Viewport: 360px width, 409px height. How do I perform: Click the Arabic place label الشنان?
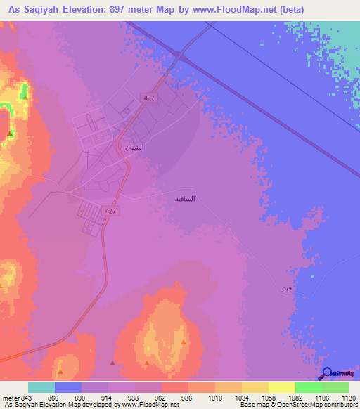point(134,148)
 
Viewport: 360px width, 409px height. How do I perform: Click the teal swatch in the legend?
point(41,387)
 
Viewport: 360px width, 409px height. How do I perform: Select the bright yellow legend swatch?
point(281,387)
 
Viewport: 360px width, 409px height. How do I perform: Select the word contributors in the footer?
point(337,405)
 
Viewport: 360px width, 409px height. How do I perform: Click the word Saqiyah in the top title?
point(44,10)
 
